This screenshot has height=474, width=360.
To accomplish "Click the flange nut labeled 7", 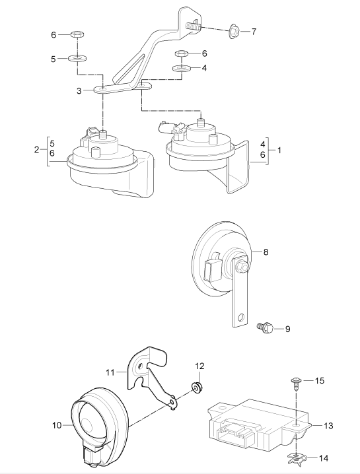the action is coord(234,30).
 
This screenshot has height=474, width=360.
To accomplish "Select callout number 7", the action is coord(254,32).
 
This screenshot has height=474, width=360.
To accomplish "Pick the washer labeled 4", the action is coord(181,68).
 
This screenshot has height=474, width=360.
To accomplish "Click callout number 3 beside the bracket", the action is coord(79,90).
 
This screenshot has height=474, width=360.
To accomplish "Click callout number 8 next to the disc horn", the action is coord(266,252).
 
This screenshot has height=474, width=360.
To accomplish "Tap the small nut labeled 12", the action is coord(198,387).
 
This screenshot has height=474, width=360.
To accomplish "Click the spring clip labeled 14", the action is coord(295,458).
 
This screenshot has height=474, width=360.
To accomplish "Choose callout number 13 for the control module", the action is coord(328,426).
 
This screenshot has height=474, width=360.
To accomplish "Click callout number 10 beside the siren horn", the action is coord(57,425).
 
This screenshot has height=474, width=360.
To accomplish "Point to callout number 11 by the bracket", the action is coord(110,372).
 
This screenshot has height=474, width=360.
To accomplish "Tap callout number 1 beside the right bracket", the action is coord(279,150).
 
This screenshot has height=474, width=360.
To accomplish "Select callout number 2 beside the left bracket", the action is coord(36,149).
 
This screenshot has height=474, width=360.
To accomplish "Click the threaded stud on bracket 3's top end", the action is coord(193,25).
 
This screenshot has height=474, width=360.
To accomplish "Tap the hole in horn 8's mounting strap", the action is coord(241,318).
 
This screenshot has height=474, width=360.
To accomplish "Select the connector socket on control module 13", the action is coord(235,430).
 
